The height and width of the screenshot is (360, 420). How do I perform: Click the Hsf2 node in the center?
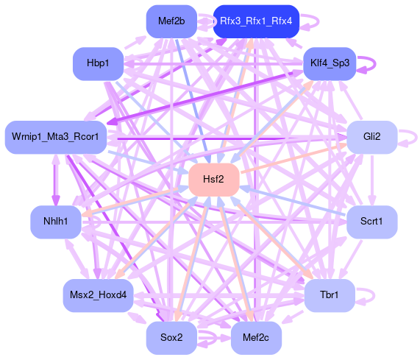[214, 180]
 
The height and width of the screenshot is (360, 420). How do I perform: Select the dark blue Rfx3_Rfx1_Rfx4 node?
[256, 21]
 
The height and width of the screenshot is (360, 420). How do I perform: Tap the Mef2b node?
[171, 21]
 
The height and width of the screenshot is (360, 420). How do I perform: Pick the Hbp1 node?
[98, 63]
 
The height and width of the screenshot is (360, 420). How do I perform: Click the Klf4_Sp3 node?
[330, 63]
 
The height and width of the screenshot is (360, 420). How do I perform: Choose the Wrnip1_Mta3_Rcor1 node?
[56, 137]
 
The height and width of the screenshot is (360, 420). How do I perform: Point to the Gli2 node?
[371, 137]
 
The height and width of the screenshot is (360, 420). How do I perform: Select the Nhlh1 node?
[56, 222]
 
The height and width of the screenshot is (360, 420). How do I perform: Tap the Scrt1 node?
[371, 222]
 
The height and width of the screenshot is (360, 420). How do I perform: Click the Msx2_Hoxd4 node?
[98, 295]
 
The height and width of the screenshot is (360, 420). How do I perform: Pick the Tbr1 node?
[330, 295]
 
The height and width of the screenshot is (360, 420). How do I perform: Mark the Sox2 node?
[171, 337]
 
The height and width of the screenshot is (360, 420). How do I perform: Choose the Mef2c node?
[256, 337]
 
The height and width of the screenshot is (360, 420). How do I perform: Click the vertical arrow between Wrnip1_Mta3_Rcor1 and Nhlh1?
[56, 180]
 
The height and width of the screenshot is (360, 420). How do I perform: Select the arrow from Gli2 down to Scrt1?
[371, 180]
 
